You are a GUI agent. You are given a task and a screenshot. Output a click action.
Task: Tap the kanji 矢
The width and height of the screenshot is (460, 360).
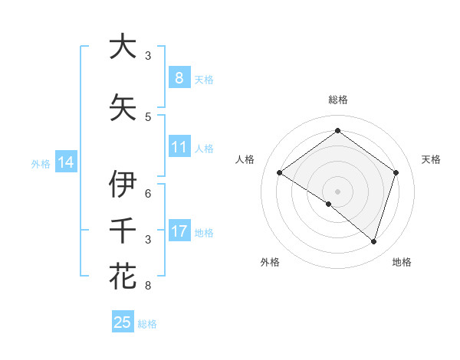point(123,108)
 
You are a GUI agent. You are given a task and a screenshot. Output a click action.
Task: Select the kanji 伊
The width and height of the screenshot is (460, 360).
point(123,185)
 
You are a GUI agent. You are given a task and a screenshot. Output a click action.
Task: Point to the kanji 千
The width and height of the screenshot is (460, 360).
point(123,231)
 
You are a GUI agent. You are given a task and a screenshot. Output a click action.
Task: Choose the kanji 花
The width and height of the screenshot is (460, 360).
point(123,276)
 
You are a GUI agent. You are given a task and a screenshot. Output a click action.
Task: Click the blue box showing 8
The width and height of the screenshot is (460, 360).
point(179,78)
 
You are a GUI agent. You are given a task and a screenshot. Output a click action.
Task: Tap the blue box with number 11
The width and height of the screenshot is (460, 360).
point(179,147)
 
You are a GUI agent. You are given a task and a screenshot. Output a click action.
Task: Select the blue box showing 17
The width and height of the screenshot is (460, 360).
point(179,231)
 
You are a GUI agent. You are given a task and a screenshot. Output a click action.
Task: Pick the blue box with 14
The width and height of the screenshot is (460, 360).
point(66,162)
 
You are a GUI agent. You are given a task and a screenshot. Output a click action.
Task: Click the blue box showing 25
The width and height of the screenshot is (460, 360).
point(123,322)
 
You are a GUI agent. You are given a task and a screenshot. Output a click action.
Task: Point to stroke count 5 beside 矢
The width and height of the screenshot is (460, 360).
point(148,116)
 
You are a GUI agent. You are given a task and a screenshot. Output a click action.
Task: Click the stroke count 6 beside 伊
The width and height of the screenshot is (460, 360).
point(148,193)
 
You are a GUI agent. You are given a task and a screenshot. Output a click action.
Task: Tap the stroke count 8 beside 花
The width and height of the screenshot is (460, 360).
point(148,286)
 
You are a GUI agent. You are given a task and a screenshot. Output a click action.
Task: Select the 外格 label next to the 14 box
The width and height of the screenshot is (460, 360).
point(41,163)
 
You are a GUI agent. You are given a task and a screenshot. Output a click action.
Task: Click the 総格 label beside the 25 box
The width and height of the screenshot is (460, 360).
point(147,324)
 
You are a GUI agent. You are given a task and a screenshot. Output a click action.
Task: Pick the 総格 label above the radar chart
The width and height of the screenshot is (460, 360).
point(337,100)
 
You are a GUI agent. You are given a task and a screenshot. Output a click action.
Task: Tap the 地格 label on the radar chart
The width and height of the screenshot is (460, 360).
point(402,262)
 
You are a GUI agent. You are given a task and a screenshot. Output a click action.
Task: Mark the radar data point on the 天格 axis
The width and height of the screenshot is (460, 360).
point(396,172)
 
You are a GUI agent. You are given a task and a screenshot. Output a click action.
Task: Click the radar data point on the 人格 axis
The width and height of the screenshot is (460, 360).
point(279,173)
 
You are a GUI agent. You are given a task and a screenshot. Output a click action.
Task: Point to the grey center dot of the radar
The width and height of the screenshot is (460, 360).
point(337,191)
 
